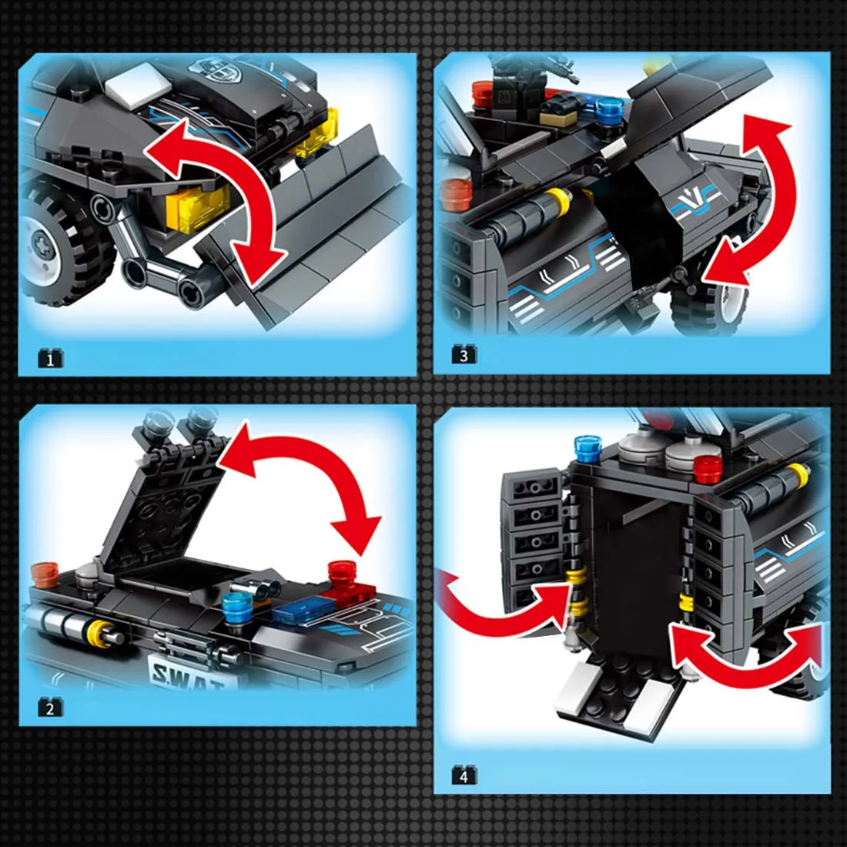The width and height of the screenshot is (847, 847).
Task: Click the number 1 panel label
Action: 50,359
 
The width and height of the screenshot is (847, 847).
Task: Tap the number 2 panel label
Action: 50,708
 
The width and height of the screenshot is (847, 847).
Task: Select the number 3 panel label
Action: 464,355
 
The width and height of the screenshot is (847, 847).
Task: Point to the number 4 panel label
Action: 464,775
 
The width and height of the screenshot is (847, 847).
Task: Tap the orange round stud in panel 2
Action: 45,573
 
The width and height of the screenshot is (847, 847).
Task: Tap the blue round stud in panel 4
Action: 587,447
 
